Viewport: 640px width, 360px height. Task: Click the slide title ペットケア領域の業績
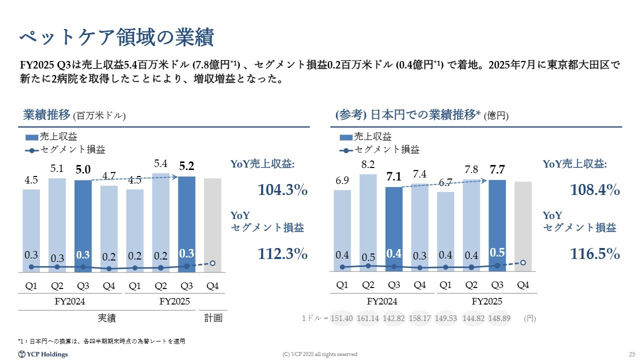(x=116, y=36)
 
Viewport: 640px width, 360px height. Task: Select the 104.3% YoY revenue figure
(x=282, y=190)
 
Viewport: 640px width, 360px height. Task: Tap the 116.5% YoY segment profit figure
(x=595, y=254)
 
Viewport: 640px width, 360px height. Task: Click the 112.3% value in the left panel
(x=282, y=254)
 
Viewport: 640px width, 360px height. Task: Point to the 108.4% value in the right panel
(x=595, y=190)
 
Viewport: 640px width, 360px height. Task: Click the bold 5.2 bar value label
(x=186, y=167)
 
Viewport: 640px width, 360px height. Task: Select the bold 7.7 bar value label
(x=497, y=170)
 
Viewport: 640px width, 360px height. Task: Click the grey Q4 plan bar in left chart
(x=212, y=225)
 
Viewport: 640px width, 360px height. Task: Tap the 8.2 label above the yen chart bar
(x=368, y=163)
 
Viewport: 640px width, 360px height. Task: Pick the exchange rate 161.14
(x=368, y=318)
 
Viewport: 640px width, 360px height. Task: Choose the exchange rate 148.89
(x=498, y=318)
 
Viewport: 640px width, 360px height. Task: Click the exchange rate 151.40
(x=342, y=318)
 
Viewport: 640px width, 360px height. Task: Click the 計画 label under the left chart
(x=213, y=318)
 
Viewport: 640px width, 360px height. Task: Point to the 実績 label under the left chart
(x=106, y=318)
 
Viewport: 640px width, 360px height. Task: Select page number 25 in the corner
(x=631, y=354)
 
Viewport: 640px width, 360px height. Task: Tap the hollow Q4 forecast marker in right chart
(x=523, y=262)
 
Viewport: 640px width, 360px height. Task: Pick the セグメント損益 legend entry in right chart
(x=386, y=149)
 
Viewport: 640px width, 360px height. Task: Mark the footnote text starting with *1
(x=101, y=341)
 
